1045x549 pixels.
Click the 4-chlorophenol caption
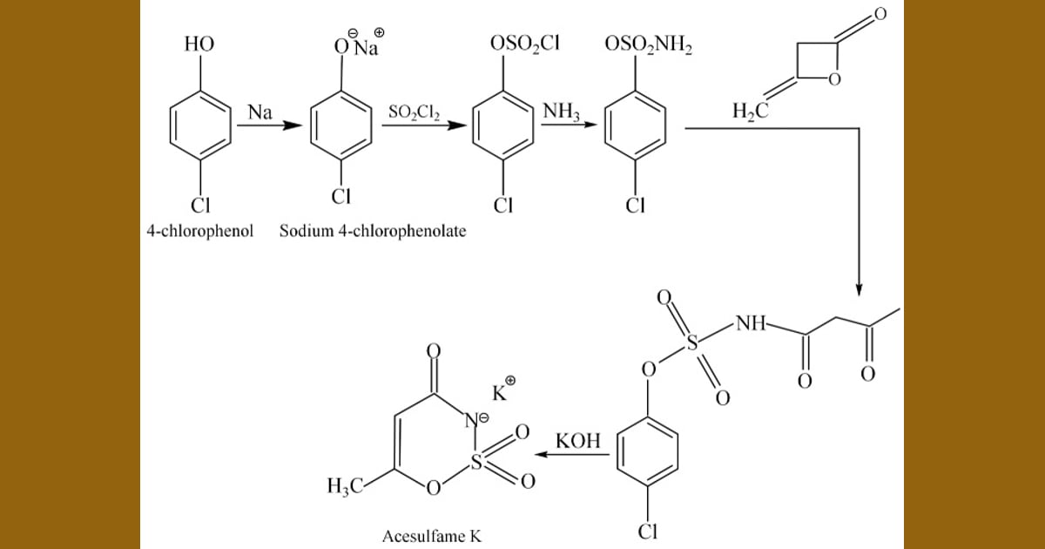click(200, 231)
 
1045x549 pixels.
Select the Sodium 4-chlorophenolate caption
click(373, 231)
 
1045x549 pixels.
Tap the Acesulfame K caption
click(432, 536)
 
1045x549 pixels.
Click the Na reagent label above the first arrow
click(260, 112)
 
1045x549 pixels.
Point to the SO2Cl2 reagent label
click(414, 112)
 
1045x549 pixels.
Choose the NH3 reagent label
click(561, 112)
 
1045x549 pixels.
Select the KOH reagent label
click(578, 441)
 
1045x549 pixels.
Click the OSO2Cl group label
click(524, 44)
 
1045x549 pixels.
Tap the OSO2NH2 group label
click(649, 44)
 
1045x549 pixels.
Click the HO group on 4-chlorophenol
click(199, 44)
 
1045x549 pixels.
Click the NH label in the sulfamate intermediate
click(751, 323)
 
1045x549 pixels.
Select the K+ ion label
click(504, 390)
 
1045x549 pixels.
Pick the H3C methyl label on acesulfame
click(345, 486)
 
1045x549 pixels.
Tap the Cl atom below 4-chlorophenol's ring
click(200, 206)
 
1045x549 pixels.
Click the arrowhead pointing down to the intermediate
click(859, 289)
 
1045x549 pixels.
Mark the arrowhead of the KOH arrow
click(541, 454)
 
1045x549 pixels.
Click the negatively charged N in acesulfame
click(471, 421)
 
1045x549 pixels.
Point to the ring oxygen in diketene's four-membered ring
click(834, 79)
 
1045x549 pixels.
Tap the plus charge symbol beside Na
click(380, 32)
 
